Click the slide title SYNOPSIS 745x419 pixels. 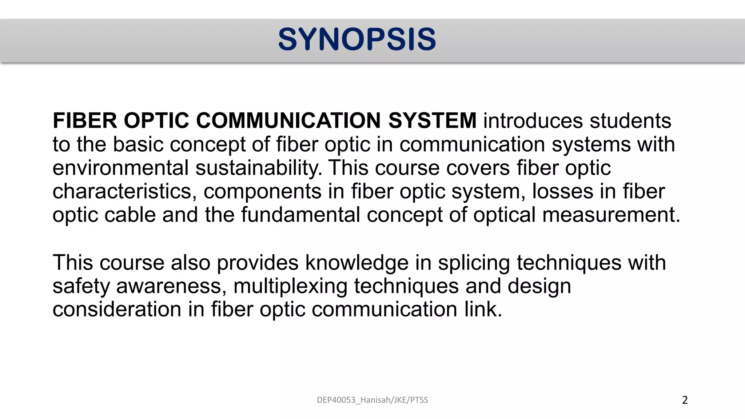357,39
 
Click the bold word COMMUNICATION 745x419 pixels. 288,121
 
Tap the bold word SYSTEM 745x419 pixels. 432,121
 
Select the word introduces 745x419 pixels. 533,121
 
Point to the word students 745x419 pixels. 630,121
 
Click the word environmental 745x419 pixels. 120,168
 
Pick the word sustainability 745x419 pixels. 258,168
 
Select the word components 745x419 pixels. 262,192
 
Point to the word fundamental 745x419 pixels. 300,215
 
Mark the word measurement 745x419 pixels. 611,215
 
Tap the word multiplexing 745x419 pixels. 290,286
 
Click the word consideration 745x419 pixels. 117,310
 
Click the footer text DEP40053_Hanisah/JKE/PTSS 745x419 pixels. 372,400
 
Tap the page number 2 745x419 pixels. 685,400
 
